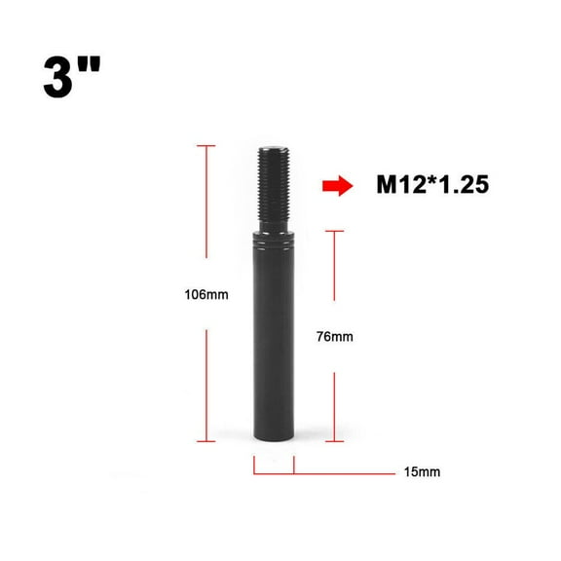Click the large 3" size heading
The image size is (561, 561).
coord(74,77)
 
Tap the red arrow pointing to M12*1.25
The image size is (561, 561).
coord(335,185)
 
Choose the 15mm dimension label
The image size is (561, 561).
coord(421,473)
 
